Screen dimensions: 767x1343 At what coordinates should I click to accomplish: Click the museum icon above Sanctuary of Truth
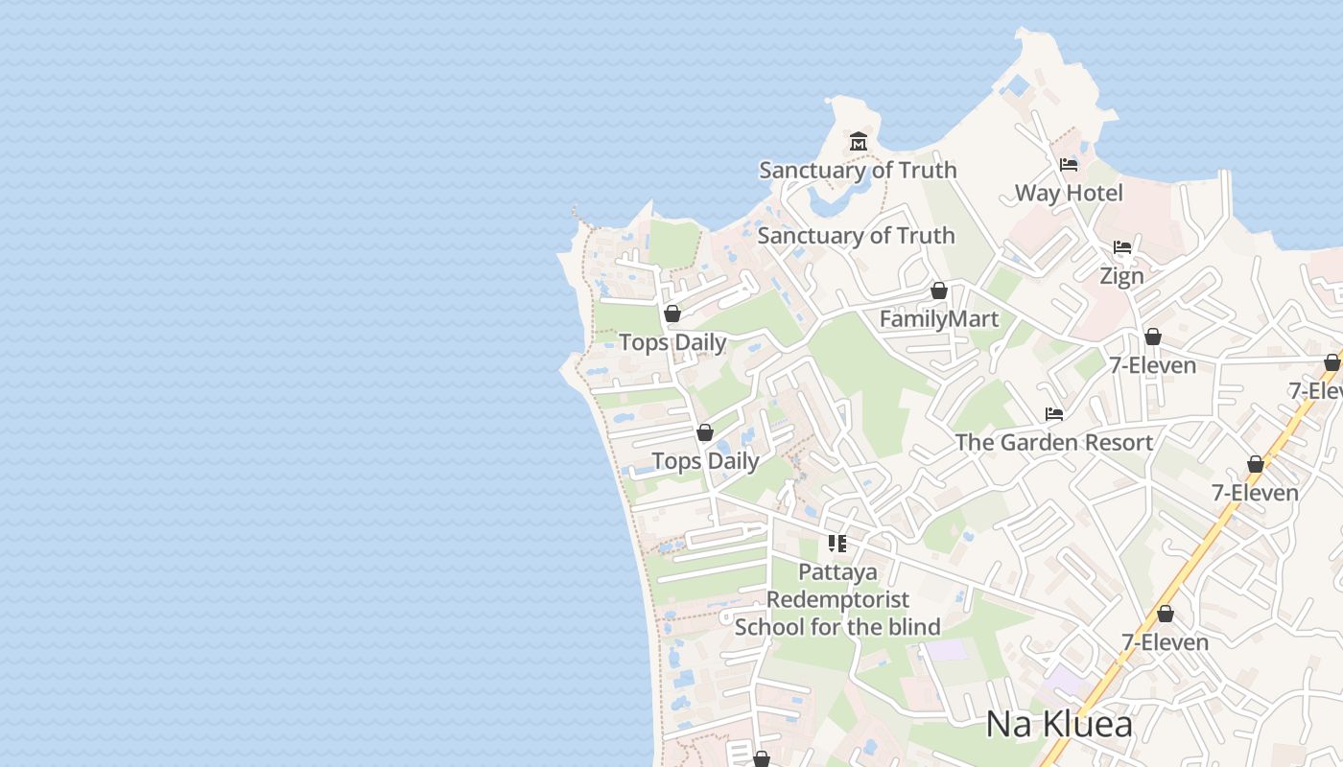pos(858,143)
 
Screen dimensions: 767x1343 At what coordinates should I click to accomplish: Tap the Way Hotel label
pos(1069,193)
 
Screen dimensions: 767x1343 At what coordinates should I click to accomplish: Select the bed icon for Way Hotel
pos(1069,165)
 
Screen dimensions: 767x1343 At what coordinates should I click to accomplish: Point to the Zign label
pos(1121,276)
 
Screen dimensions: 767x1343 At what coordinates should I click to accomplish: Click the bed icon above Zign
pos(1122,247)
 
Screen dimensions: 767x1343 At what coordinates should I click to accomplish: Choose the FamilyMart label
pos(939,318)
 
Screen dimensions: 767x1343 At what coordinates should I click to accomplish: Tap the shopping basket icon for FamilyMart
pos(939,291)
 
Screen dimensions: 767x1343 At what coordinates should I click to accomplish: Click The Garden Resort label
pos(1053,442)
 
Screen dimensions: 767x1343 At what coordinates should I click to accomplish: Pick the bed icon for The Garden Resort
pos(1054,414)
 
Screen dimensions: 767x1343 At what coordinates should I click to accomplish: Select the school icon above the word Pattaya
pos(837,544)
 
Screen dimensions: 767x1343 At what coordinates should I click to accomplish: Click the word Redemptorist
pos(837,599)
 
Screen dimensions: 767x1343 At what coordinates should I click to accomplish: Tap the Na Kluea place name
pos(1059,724)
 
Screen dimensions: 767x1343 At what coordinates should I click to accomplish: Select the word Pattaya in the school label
pos(837,572)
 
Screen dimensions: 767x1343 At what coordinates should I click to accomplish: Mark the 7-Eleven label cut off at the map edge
pos(1316,390)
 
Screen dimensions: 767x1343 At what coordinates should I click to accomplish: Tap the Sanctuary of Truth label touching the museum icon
pos(858,170)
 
